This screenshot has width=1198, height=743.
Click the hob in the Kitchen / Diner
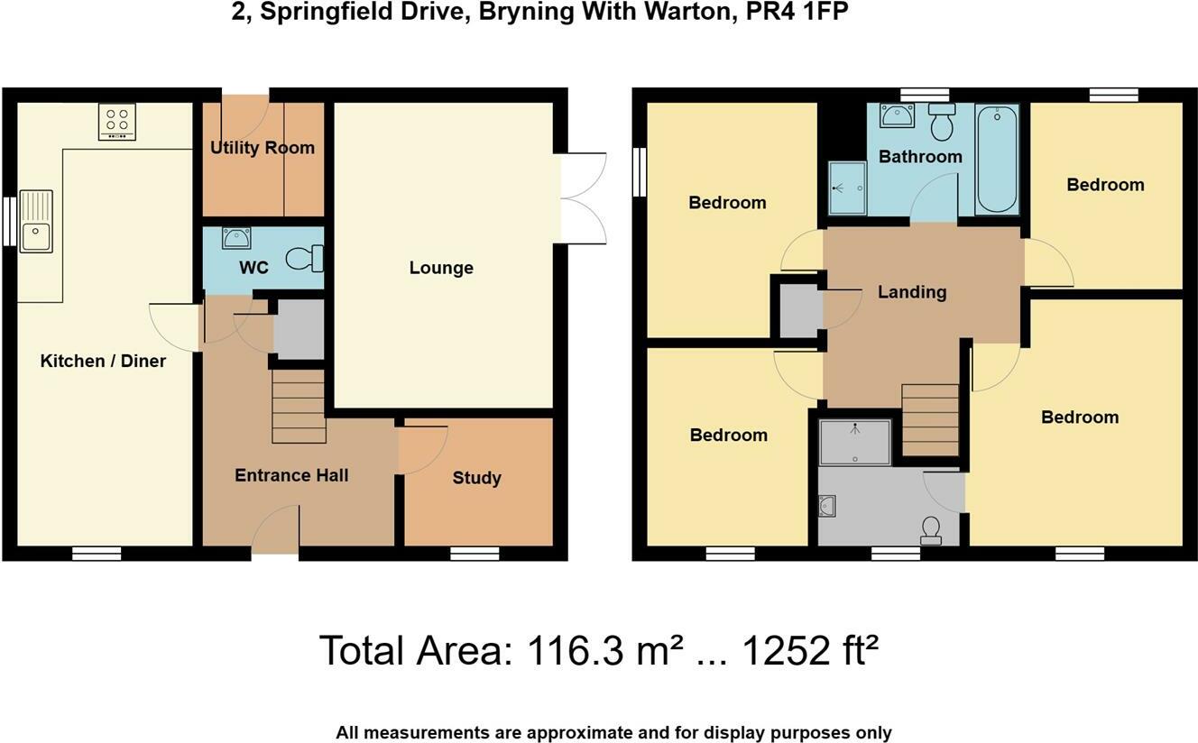(117, 122)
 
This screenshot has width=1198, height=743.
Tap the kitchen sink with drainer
(36, 221)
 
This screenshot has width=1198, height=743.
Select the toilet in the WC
(305, 259)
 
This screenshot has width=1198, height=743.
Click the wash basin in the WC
(236, 238)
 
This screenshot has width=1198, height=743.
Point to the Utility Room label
(263, 148)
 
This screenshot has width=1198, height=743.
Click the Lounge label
(441, 268)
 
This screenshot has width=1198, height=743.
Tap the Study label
(477, 478)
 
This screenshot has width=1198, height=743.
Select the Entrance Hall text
(291, 475)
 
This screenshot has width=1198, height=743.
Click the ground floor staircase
(299, 407)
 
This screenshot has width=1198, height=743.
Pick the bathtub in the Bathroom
(997, 160)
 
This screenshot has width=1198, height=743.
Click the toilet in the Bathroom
(942, 122)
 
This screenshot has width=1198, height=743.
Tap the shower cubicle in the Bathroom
(848, 188)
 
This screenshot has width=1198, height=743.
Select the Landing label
(912, 292)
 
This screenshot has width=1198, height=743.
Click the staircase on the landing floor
(930, 420)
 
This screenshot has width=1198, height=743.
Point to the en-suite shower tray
(855, 443)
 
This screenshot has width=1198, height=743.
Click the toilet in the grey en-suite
(932, 530)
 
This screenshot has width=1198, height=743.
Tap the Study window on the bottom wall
(475, 554)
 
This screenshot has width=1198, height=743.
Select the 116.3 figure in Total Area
(576, 651)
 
